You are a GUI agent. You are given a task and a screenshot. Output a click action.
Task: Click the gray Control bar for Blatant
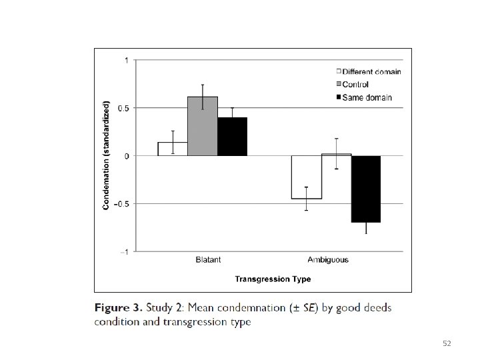tap(203, 126)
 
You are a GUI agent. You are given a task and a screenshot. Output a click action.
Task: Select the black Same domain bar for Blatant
tap(233, 137)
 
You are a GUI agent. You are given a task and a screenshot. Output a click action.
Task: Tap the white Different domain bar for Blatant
tap(173, 149)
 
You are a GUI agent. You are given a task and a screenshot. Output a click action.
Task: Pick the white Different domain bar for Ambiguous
tap(307, 177)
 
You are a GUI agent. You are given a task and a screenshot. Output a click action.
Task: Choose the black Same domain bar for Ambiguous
tap(366, 189)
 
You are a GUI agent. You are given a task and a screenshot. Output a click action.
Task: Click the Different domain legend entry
tap(369, 71)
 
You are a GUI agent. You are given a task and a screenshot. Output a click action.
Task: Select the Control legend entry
tap(353, 84)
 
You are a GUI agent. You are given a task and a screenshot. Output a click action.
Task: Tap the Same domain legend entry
tap(364, 97)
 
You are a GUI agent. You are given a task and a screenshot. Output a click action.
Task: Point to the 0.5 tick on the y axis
tap(124, 108)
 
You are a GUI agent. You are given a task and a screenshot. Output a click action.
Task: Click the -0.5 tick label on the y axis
tap(121, 204)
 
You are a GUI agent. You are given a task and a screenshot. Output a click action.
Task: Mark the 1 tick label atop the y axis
tap(127, 60)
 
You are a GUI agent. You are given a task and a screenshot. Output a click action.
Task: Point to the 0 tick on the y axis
tap(127, 156)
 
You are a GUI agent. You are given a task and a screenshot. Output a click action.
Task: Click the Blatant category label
tap(208, 259)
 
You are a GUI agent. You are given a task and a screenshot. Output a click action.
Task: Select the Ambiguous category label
tap(328, 260)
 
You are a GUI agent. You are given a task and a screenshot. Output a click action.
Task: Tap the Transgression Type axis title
tap(273, 279)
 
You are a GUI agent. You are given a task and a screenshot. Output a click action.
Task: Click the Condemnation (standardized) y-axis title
tap(106, 155)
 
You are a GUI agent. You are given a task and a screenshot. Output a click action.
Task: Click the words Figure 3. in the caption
tap(119, 307)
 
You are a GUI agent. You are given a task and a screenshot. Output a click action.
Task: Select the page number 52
tap(447, 343)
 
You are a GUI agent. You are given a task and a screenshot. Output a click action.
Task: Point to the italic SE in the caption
tap(309, 307)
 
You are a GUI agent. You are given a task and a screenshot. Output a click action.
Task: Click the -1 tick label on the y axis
tap(124, 252)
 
